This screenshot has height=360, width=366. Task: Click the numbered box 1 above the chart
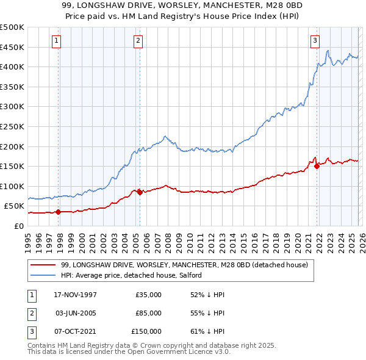pyautogui.click(x=56, y=41)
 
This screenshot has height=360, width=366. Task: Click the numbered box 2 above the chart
pyautogui.click(x=138, y=41)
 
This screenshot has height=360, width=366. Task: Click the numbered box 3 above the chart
pyautogui.click(x=315, y=41)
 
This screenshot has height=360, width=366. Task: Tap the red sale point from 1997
pyautogui.click(x=59, y=212)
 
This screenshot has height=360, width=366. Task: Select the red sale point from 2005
pyautogui.click(x=140, y=192)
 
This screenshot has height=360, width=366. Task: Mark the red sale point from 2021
pyautogui.click(x=317, y=166)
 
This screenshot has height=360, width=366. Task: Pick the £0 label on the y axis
pyautogui.click(x=18, y=226)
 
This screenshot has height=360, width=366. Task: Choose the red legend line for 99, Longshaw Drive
pyautogui.click(x=43, y=265)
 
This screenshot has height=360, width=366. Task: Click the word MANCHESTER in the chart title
pyautogui.click(x=237, y=4)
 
